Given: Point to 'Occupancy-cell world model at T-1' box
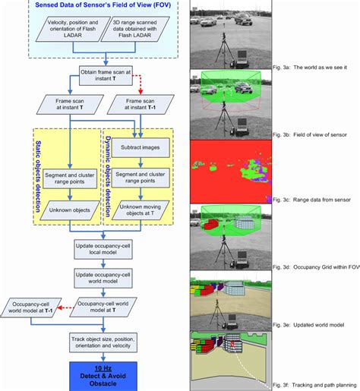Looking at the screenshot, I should pos(31,306).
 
